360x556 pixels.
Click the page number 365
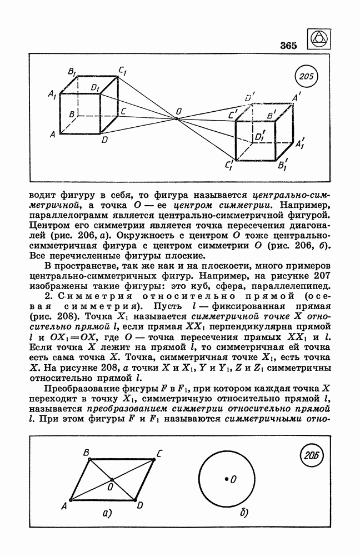point(289,45)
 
